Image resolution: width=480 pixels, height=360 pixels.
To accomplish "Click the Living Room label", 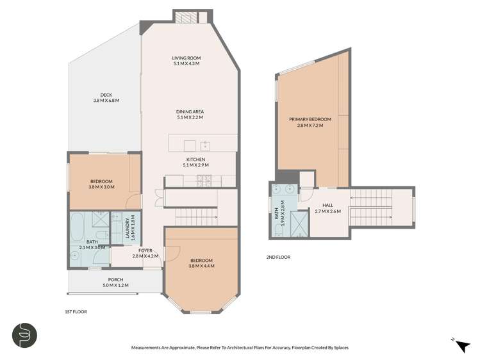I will [186, 58].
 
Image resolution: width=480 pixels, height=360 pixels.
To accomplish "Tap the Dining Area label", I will [190, 111].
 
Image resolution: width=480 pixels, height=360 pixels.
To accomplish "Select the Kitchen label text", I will [195, 160].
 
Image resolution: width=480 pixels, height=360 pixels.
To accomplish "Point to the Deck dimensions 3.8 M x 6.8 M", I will [106, 101].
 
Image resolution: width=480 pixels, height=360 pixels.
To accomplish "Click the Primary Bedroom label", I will [310, 120].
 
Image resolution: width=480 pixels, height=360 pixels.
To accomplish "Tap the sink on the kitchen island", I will [205, 144].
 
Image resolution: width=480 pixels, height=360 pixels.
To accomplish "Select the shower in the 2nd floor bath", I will [297, 224].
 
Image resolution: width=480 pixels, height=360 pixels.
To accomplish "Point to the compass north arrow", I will [461, 346].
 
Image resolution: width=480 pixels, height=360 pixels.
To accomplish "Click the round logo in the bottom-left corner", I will [25, 336].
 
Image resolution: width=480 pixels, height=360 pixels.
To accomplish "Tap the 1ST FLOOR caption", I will [76, 311].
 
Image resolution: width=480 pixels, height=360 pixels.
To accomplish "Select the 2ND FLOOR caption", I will [278, 257].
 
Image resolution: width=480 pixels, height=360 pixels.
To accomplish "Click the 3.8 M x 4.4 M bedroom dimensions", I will [201, 266].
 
